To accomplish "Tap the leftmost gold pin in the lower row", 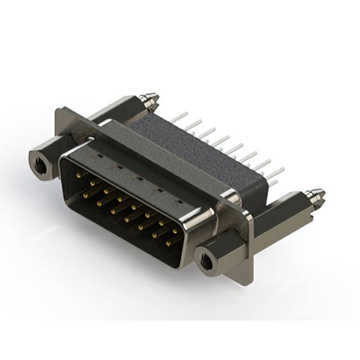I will [86, 195].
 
